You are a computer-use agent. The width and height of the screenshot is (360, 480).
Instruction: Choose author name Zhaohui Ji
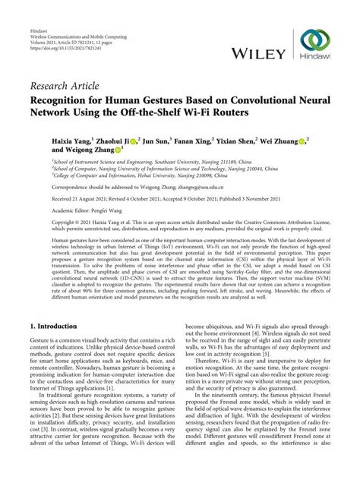pyautogui.click(x=117, y=141)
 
